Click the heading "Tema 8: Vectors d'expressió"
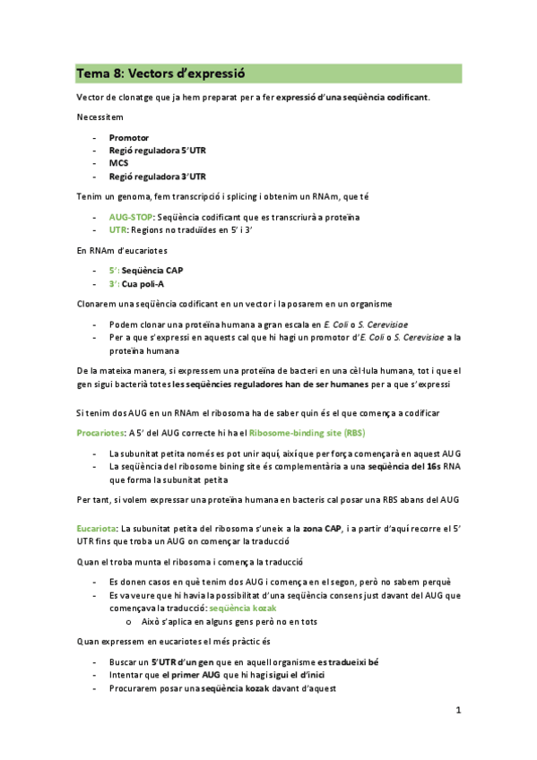click(x=160, y=73)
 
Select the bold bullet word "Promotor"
click(x=129, y=138)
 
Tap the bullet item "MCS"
click(x=118, y=164)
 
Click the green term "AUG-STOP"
click(x=131, y=217)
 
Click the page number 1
click(x=457, y=711)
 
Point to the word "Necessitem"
click(x=100, y=118)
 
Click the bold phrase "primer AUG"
click(x=193, y=675)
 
